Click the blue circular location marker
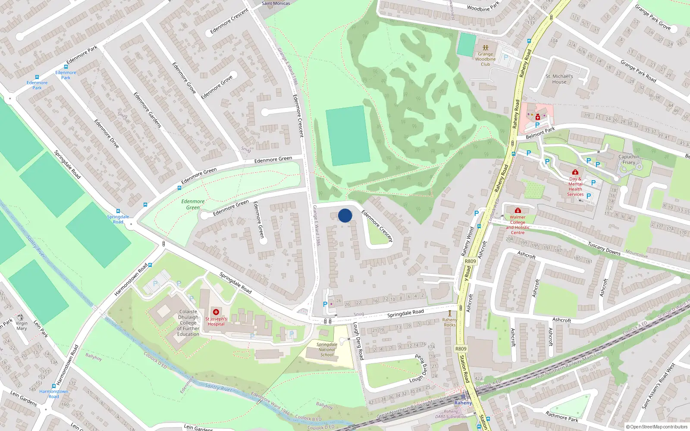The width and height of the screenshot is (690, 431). click(x=345, y=215)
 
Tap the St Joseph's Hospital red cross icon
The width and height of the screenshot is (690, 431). click(x=216, y=312)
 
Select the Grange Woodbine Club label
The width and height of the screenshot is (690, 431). click(x=486, y=59)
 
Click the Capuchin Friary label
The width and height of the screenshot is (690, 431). click(x=629, y=159)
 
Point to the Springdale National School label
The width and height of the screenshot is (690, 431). click(x=327, y=350)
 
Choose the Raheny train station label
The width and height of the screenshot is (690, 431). click(x=463, y=403)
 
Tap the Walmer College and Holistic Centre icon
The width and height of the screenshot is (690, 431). click(x=518, y=210)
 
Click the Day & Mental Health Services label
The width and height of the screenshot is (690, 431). click(x=575, y=187)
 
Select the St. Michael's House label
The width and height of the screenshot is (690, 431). click(x=559, y=79)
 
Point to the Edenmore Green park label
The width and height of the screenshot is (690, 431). click(x=193, y=204)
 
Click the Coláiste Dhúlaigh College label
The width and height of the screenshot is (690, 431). click(x=188, y=322)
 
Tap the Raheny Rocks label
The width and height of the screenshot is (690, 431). click(x=450, y=322)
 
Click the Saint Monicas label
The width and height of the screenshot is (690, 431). click(x=276, y=3)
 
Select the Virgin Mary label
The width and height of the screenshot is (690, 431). click(x=22, y=326)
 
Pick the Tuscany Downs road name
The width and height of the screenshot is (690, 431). click(x=604, y=249)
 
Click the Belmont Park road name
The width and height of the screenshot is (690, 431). click(x=540, y=133)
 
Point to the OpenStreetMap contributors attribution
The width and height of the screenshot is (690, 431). click(x=657, y=427)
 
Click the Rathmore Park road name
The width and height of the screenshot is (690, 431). click(x=561, y=416)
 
